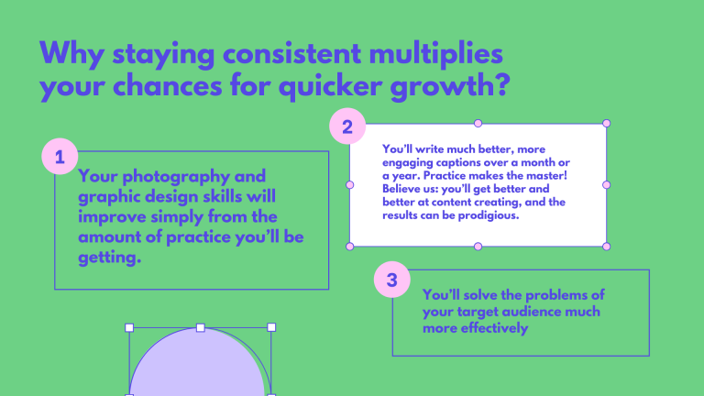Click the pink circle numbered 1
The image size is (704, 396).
click(60, 157)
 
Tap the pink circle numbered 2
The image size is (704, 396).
click(347, 126)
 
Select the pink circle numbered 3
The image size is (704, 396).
click(392, 280)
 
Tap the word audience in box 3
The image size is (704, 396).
click(547, 312)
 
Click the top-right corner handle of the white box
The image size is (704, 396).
click(606, 123)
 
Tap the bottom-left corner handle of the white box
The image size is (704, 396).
click(349, 246)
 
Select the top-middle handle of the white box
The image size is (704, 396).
click(478, 123)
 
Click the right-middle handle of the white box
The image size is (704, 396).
click(606, 184)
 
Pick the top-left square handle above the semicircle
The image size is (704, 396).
click(129, 326)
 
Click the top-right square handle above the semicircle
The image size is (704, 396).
click(271, 326)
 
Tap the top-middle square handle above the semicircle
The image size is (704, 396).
click(201, 326)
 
